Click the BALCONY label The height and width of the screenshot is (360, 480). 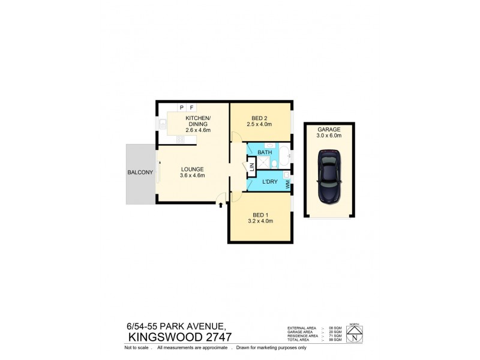coord(140,173)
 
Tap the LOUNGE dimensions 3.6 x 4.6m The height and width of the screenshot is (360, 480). coord(193,176)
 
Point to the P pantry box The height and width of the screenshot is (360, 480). coord(182,108)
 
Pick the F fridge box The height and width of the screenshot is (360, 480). coord(191,108)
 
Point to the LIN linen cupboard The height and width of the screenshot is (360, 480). coord(251,167)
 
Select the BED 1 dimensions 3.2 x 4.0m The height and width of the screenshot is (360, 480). coord(260,221)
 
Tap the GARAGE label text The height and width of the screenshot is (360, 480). coord(329,128)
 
